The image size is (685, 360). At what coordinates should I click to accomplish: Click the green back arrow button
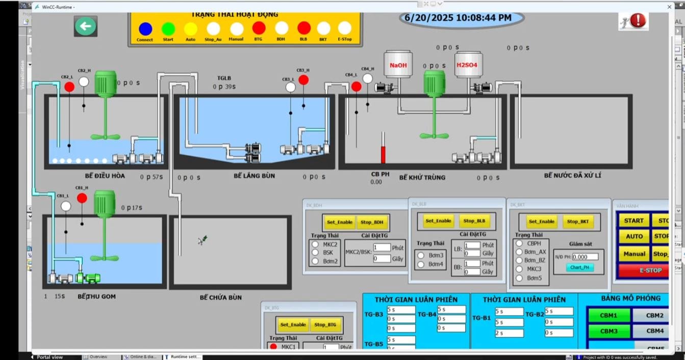[86, 26]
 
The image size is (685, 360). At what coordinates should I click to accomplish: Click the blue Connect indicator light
[145, 29]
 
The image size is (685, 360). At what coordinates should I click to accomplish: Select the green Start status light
[168, 29]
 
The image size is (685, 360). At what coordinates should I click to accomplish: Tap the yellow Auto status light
[190, 29]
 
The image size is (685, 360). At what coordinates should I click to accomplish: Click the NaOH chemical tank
[398, 65]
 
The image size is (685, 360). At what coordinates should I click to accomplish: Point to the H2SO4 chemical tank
[467, 65]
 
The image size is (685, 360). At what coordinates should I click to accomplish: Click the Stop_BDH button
[372, 222]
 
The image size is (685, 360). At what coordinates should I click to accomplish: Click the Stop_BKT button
[578, 222]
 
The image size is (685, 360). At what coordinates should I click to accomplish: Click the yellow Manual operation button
[634, 253]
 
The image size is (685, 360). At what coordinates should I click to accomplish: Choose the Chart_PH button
[579, 267]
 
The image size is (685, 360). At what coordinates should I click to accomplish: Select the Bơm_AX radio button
[519, 252]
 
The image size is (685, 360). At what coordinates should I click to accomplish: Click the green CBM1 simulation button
[608, 316]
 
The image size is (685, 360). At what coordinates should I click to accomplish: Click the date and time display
[458, 18]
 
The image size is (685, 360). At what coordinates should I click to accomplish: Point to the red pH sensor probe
[383, 149]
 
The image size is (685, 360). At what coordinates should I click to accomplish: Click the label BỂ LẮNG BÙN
[254, 176]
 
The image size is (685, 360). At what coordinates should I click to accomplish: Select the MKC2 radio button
[315, 244]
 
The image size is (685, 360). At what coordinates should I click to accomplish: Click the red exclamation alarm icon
[638, 21]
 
